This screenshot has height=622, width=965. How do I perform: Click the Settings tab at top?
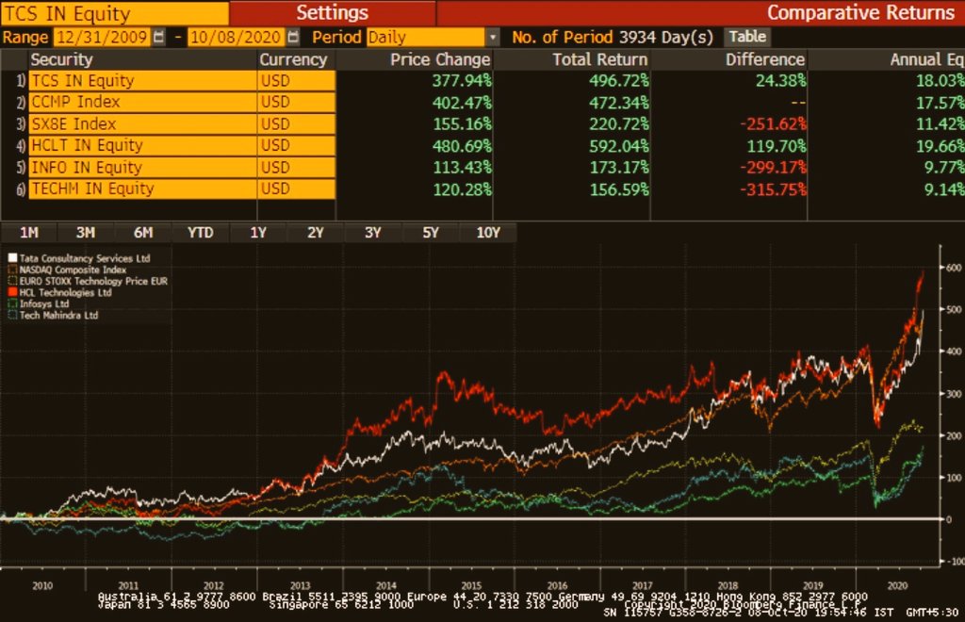tap(332, 13)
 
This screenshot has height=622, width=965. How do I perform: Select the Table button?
tap(747, 37)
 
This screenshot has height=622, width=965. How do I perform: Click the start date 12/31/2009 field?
tap(101, 37)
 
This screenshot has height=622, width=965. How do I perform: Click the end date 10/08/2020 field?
tap(236, 37)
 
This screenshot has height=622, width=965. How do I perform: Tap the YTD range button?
tap(200, 233)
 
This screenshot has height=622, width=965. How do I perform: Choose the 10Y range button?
tap(487, 233)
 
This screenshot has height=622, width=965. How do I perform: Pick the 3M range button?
tap(86, 233)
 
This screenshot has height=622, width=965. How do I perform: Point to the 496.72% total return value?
tap(611, 81)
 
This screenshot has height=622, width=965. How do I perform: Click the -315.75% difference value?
tap(770, 188)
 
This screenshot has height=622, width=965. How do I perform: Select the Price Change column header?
tap(440, 59)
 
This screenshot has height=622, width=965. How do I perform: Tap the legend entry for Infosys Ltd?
tap(43, 304)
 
